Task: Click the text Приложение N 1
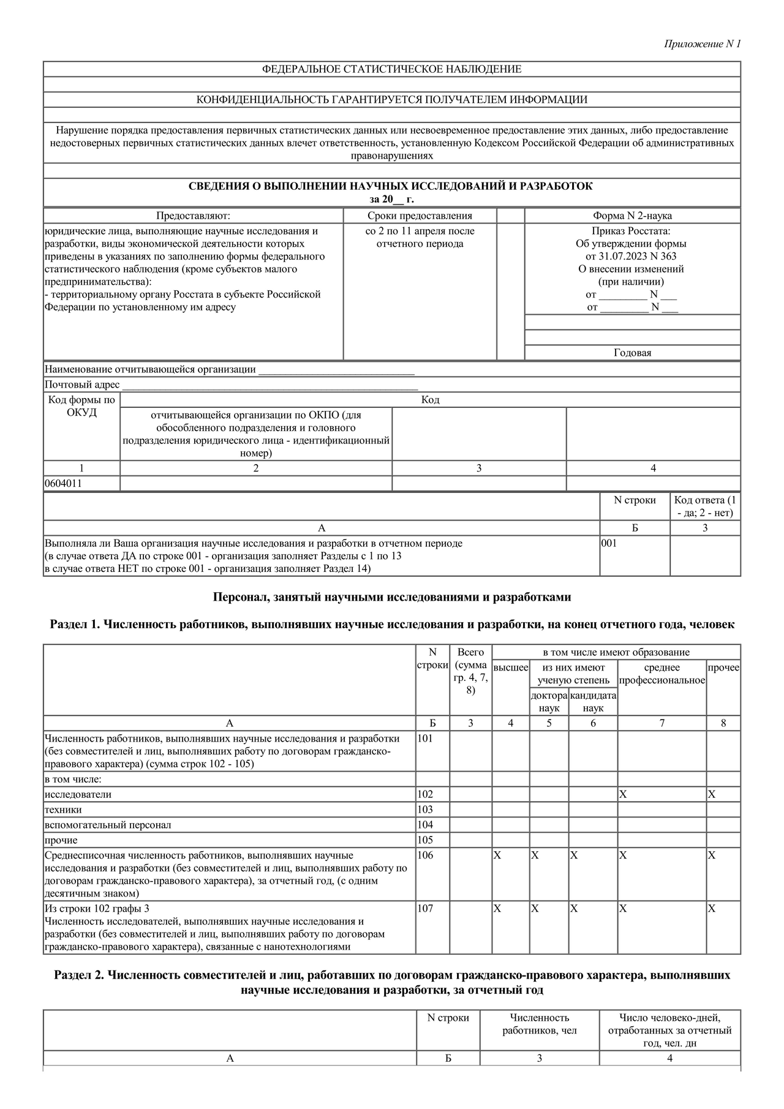tap(703, 44)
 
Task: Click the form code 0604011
tap(63, 483)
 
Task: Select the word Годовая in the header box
tap(632, 353)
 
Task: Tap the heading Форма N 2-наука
tap(632, 216)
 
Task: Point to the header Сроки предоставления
tap(420, 216)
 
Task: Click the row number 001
tap(609, 543)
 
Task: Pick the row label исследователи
tap(78, 794)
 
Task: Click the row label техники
tap(63, 810)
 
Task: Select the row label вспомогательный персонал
tap(108, 825)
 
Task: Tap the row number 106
tap(425, 855)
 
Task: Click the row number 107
tap(425, 909)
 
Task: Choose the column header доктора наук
tap(549, 702)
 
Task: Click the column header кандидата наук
tap(593, 702)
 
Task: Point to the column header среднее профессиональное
tap(661, 674)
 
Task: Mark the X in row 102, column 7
tap(623, 794)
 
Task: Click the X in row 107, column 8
tap(712, 909)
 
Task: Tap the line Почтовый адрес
tap(82, 385)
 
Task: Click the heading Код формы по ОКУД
tap(81, 406)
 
